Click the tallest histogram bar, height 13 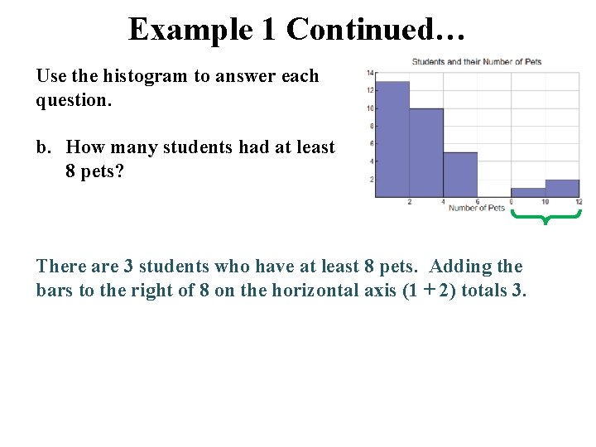pyautogui.click(x=392, y=139)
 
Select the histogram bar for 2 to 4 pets pyautogui.click(x=426, y=153)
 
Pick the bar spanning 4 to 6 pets pyautogui.click(x=460, y=175)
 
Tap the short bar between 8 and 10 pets pyautogui.click(x=528, y=193)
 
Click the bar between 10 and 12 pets pyautogui.click(x=562, y=189)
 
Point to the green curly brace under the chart pyautogui.click(x=546, y=218)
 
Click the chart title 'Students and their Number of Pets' pyautogui.click(x=476, y=62)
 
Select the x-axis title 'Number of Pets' pyautogui.click(x=476, y=208)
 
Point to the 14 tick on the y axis pyautogui.click(x=370, y=72)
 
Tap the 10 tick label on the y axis pyautogui.click(x=370, y=108)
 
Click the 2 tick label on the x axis pyautogui.click(x=409, y=202)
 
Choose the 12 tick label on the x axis pyautogui.click(x=578, y=202)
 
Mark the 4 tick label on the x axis pyautogui.click(x=443, y=202)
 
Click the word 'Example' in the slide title pyautogui.click(x=190, y=30)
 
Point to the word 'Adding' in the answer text pyautogui.click(x=460, y=266)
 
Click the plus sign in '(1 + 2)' pyautogui.click(x=423, y=291)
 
